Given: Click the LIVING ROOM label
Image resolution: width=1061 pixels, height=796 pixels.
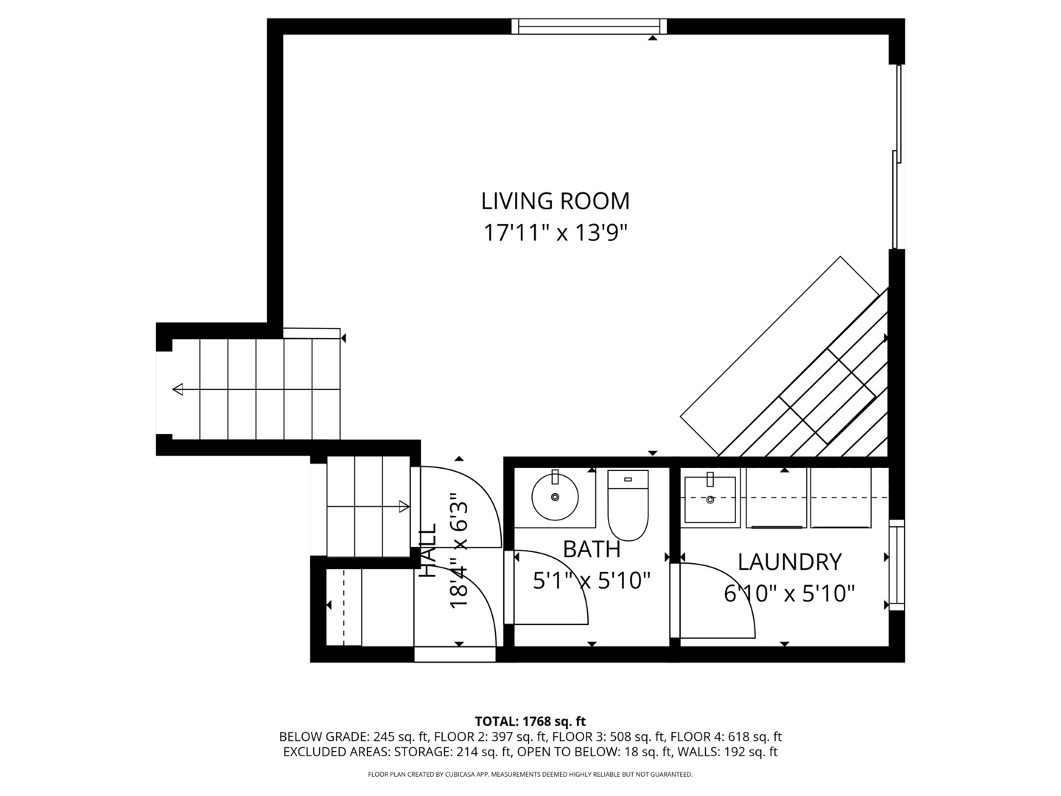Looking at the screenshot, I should click(555, 200).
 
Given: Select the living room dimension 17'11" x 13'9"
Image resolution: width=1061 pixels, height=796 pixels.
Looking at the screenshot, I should click(555, 233).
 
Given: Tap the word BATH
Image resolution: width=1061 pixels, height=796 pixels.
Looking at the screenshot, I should click(591, 549).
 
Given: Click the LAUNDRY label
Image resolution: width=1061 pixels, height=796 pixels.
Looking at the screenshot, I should click(789, 562).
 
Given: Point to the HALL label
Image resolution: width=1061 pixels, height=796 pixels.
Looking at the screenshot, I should click(428, 550).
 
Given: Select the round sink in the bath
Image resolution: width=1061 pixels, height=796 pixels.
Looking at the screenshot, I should click(555, 497).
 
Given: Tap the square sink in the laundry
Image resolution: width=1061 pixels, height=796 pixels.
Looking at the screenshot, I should click(710, 499).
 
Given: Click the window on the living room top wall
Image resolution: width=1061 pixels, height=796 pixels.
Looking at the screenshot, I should click(589, 27).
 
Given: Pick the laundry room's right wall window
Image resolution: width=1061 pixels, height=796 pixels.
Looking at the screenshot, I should click(896, 565).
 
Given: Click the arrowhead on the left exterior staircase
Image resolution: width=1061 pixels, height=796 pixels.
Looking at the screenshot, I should click(178, 389).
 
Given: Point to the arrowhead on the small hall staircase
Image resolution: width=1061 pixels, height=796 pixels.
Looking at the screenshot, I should click(403, 506).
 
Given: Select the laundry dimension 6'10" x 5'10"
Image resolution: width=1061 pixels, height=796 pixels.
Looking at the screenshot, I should click(789, 593).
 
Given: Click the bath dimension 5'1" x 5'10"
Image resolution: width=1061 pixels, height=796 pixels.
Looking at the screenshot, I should click(592, 582).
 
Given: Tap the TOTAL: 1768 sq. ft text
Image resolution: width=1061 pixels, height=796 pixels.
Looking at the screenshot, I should click(530, 721).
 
